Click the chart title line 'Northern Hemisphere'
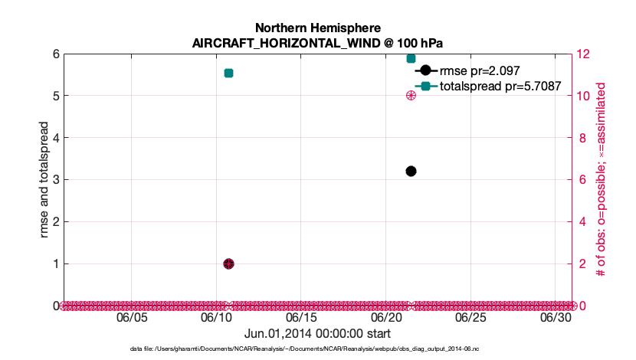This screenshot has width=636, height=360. click(317, 28)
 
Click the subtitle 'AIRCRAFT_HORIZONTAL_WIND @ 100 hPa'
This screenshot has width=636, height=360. click(317, 43)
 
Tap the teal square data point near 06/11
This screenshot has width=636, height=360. click(228, 73)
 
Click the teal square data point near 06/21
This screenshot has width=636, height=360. click(411, 58)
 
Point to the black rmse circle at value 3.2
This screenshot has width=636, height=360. click(411, 171)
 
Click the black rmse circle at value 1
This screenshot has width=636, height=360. click(228, 263)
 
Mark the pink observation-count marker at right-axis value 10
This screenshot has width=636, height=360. click(411, 96)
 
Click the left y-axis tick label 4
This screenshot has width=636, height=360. click(56, 138)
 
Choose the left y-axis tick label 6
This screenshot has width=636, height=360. click(56, 54)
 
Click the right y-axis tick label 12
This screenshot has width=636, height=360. click(585, 54)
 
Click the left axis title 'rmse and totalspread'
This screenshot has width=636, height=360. click(44, 180)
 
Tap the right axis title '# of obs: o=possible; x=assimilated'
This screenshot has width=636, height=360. click(602, 180)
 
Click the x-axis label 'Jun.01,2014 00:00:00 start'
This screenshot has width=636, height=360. click(317, 334)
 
